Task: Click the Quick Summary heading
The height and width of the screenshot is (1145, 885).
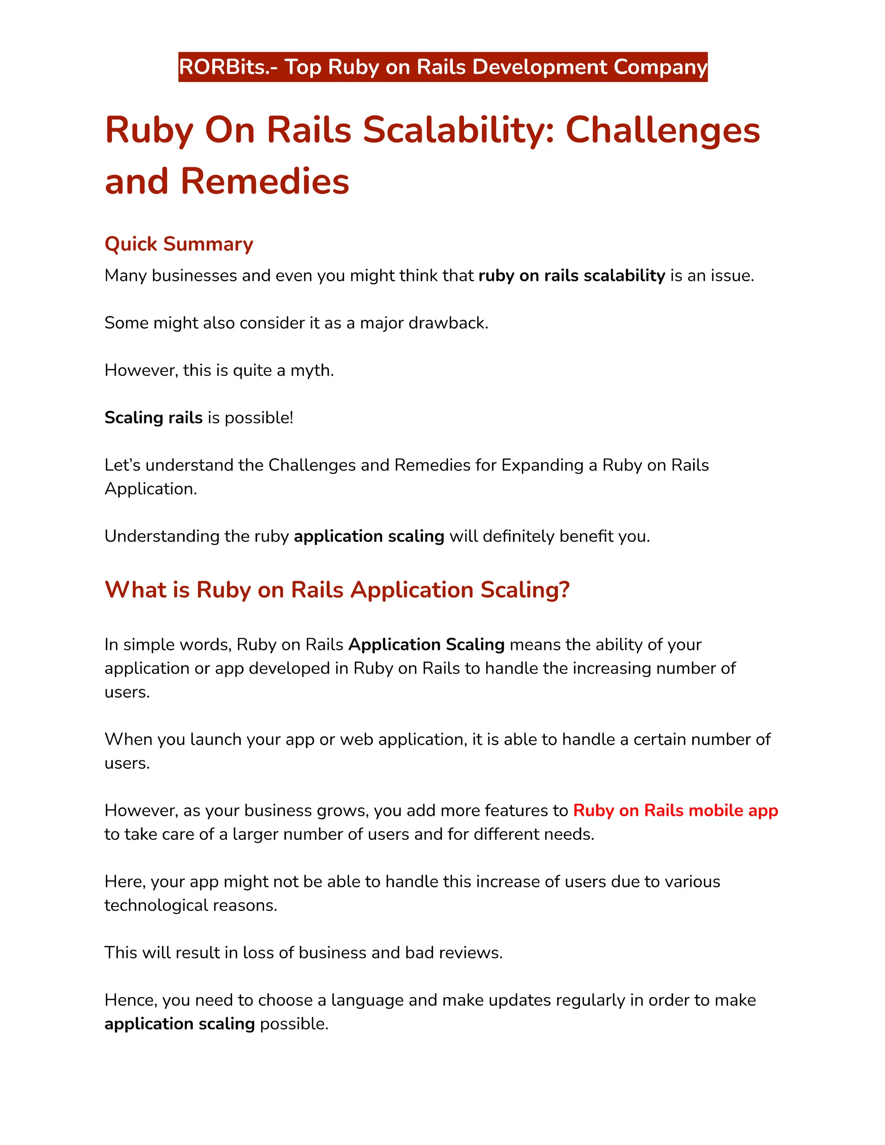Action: [179, 244]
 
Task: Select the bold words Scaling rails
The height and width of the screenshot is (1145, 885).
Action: [153, 417]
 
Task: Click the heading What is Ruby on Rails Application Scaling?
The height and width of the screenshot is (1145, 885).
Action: [337, 590]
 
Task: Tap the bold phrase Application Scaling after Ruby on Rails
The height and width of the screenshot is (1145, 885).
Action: [426, 644]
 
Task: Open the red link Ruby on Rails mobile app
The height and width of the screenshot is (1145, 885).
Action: [675, 811]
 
